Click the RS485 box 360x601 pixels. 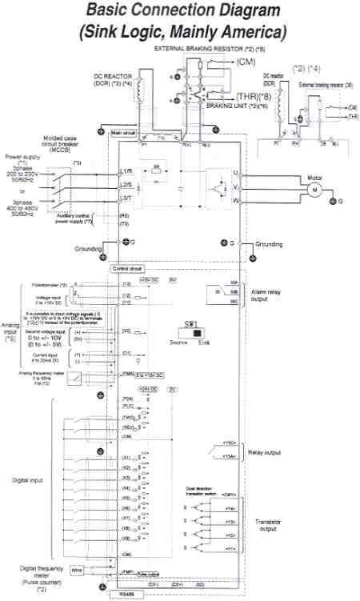[x=126, y=595]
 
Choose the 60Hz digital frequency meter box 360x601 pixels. [x=78, y=571]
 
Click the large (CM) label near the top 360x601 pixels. [x=249, y=62]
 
